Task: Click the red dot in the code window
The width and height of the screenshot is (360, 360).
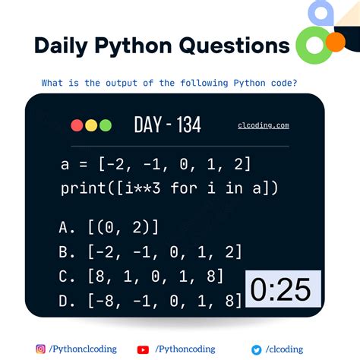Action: pyautogui.click(x=76, y=125)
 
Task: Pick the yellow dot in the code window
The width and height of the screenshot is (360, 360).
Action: pyautogui.click(x=90, y=125)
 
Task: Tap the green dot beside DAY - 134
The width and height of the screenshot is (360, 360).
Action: pyautogui.click(x=105, y=125)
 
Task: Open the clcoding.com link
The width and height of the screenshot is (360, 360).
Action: pyautogui.click(x=263, y=126)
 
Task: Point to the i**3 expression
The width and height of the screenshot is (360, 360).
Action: pyautogui.click(x=147, y=188)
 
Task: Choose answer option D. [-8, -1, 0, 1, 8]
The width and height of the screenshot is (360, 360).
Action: pyautogui.click(x=149, y=302)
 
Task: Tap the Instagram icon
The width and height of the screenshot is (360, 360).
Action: pyautogui.click(x=40, y=349)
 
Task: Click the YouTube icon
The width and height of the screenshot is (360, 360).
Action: pyautogui.click(x=142, y=349)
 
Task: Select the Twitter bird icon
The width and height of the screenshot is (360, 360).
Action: pyautogui.click(x=257, y=349)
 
